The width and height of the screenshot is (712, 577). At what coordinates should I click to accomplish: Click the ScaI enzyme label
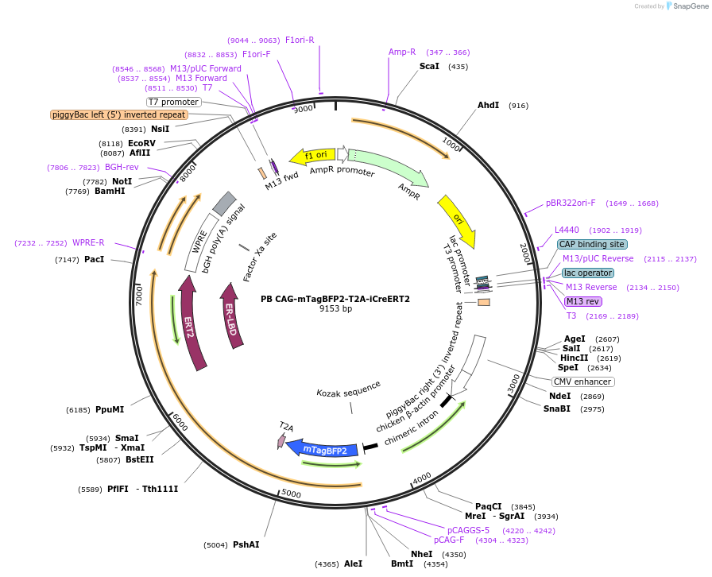coord(430,66)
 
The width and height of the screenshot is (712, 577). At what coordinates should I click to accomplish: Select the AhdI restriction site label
coord(488,105)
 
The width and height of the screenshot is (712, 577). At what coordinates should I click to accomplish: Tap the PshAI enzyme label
coord(246,544)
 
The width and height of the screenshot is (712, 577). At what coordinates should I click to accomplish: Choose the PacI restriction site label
coord(94,259)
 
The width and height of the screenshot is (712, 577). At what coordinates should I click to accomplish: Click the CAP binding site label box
coord(591,244)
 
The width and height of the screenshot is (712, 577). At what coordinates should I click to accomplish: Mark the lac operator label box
coord(588,273)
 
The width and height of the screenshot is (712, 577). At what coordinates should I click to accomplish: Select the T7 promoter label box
coord(173,102)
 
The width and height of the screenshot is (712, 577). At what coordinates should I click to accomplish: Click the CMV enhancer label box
coord(582,381)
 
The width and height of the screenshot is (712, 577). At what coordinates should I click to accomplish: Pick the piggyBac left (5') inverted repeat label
coord(119,114)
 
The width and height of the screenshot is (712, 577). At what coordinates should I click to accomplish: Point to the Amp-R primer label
coord(402,52)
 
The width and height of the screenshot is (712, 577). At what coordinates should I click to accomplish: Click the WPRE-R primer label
coord(88,242)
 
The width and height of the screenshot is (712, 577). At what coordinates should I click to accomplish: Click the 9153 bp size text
coord(335,308)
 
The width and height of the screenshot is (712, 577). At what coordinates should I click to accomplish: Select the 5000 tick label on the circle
coord(292,494)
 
